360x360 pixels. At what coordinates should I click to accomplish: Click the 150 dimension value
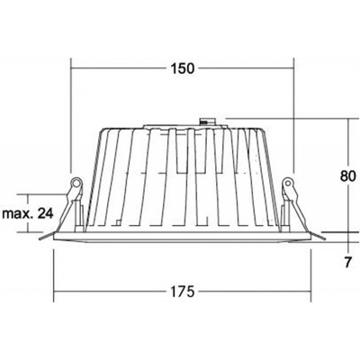point(183,68)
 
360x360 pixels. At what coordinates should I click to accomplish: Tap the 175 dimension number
point(183,292)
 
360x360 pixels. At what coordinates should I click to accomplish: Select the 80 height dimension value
point(348,176)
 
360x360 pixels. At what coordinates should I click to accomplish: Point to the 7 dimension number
point(347,263)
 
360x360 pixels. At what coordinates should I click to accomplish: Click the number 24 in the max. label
point(46,213)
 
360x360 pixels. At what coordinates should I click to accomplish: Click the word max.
point(18,214)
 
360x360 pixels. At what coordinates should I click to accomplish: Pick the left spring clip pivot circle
point(76,183)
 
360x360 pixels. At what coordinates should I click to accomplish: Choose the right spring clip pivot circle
point(288,183)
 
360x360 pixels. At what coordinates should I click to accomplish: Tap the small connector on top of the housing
point(208,121)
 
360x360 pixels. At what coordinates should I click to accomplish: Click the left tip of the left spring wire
point(40,239)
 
